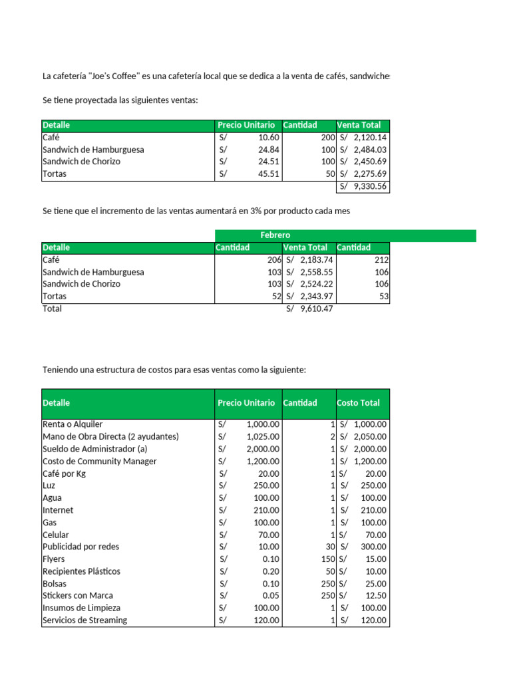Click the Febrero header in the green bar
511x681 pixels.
tap(275, 235)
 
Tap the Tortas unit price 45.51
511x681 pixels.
tap(268, 174)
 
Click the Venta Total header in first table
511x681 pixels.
tap(359, 125)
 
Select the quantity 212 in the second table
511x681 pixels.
tap(381, 260)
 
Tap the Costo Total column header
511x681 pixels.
tap(359, 403)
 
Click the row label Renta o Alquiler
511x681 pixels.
tap(73, 424)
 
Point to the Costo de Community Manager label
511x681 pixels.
tap(100, 462)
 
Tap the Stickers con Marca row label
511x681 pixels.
tap(78, 596)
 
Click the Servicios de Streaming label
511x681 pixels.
tap(85, 620)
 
